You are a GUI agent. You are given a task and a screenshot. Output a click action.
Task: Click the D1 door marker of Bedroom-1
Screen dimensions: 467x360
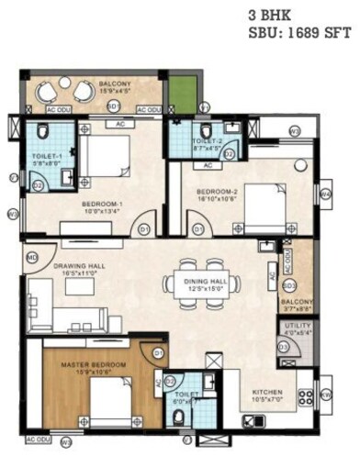[142, 228]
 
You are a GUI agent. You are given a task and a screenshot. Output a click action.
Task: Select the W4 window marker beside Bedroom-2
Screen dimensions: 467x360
[324, 195]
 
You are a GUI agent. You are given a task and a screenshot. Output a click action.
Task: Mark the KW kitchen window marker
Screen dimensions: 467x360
[326, 395]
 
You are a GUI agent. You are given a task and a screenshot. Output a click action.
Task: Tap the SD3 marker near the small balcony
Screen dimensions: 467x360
[287, 285]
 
